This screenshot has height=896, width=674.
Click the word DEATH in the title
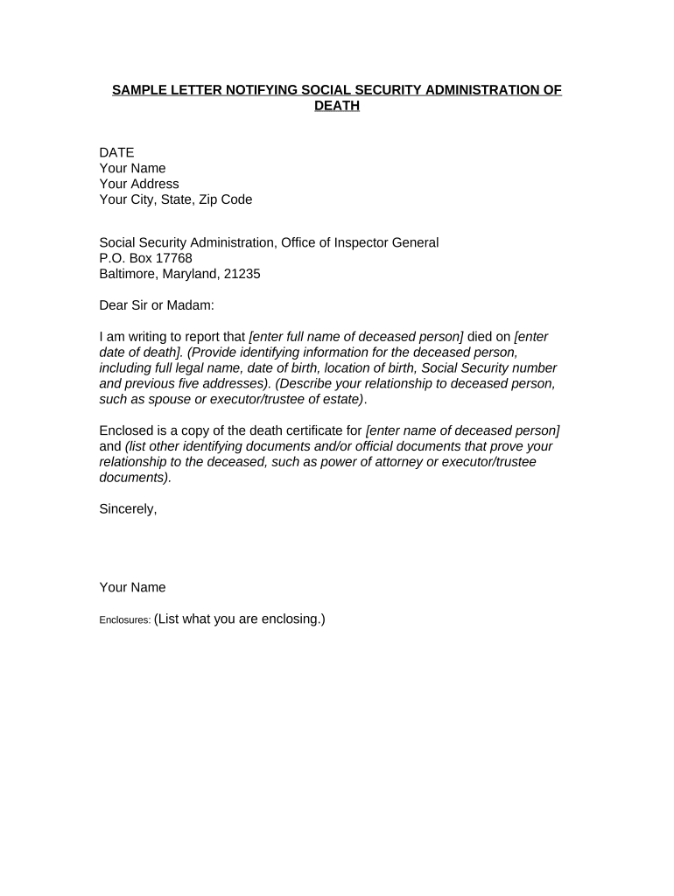click(x=337, y=106)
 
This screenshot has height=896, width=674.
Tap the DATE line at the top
click(x=116, y=152)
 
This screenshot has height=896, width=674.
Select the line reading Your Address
click(x=139, y=184)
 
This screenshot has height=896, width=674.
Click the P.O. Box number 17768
click(x=172, y=258)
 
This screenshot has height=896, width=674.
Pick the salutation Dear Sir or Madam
click(x=156, y=305)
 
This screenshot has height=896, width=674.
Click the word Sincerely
click(x=128, y=509)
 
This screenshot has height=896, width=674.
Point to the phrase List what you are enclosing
click(x=240, y=619)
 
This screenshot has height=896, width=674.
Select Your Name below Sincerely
click(x=132, y=588)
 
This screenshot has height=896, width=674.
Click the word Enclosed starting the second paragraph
click(x=128, y=430)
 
